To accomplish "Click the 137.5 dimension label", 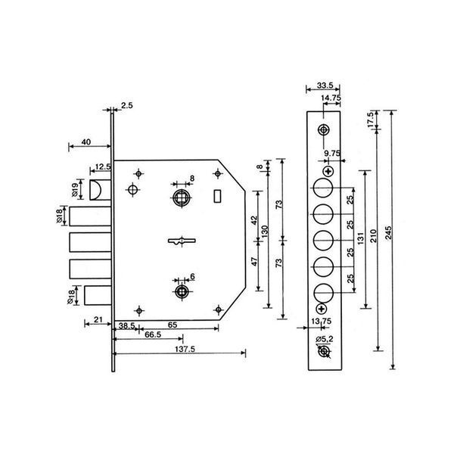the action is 185,349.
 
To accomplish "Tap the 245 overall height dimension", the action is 388,232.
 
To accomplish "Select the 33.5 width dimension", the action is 325,86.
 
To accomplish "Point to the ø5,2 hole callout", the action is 325,339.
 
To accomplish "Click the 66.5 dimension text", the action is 153,334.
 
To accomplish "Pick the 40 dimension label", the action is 86,142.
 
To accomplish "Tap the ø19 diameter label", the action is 74,190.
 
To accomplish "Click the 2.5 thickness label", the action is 127,105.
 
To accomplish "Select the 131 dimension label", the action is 360,238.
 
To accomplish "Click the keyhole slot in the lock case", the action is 182,241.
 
